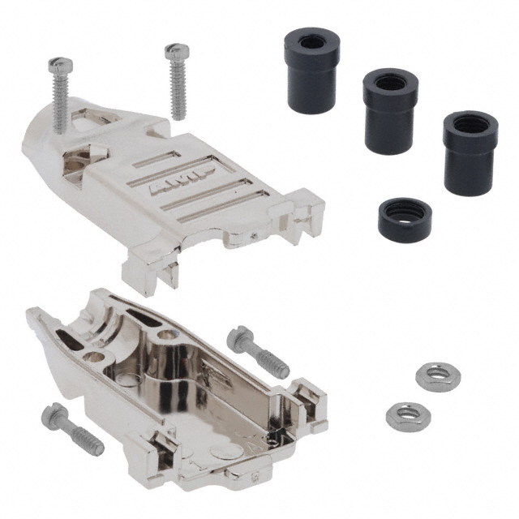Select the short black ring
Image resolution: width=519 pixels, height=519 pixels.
(405, 217)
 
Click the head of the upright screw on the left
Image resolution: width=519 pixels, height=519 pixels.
(58, 65)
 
